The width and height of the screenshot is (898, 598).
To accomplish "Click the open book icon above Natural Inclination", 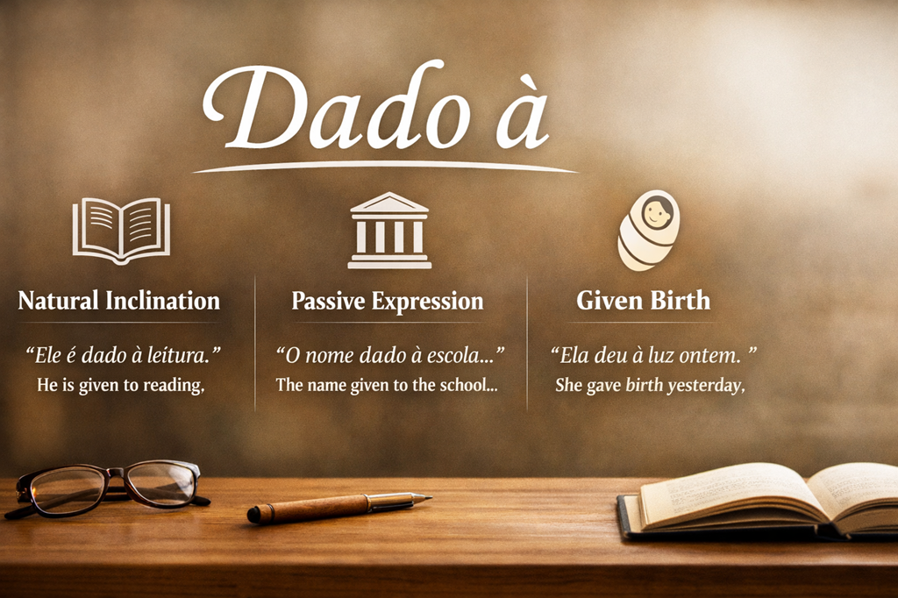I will (121, 229).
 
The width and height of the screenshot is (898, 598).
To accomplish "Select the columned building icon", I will (389, 231).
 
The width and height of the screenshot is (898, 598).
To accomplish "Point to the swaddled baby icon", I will (650, 230).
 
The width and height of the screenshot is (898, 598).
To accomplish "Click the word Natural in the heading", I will (58, 301).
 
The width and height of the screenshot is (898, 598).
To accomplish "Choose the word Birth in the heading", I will (681, 301).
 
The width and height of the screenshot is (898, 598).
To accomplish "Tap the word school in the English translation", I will (469, 384).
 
